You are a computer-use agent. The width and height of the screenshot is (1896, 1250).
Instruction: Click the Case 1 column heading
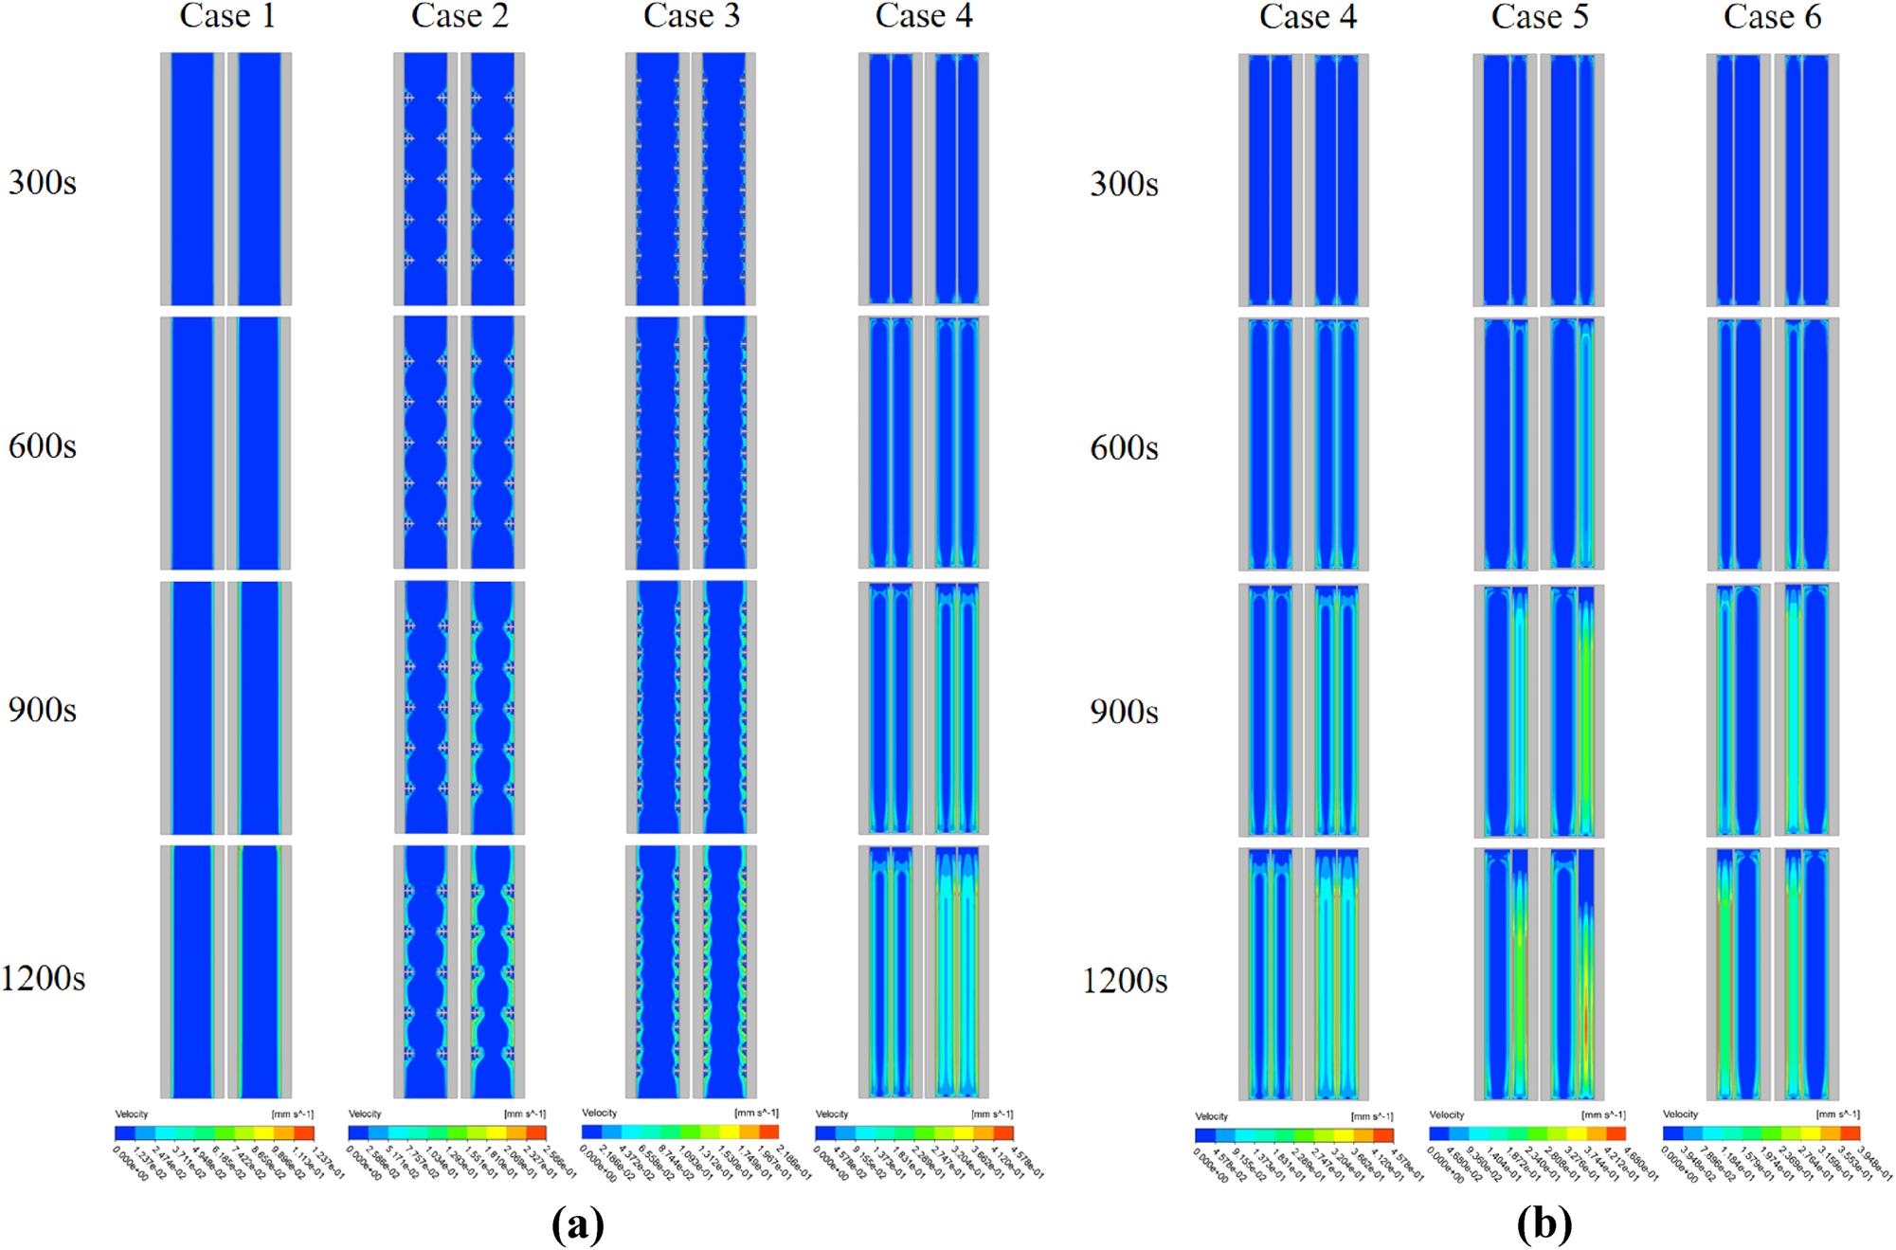pyautogui.click(x=227, y=16)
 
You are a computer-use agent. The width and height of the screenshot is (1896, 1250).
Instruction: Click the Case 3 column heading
pyautogui.click(x=691, y=16)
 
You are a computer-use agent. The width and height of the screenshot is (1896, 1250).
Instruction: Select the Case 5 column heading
pyautogui.click(x=1539, y=17)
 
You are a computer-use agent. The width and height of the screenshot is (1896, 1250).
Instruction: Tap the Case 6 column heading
pyautogui.click(x=1771, y=17)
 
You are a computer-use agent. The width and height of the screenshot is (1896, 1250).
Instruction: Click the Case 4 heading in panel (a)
pyautogui.click(x=923, y=16)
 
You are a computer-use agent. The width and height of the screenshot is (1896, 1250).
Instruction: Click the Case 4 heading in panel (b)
pyautogui.click(x=1307, y=17)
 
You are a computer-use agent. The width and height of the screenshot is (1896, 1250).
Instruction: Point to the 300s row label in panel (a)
pyautogui.click(x=42, y=182)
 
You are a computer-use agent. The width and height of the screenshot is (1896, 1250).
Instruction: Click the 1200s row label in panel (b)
pyautogui.click(x=1125, y=981)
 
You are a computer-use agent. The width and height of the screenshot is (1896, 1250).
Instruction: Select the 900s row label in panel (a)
pyautogui.click(x=42, y=710)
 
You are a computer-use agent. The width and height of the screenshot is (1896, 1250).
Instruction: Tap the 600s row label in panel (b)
pyautogui.click(x=1124, y=447)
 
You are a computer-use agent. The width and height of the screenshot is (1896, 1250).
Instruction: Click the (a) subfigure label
pyautogui.click(x=577, y=1224)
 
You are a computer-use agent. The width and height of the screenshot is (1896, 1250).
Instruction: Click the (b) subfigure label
pyautogui.click(x=1544, y=1224)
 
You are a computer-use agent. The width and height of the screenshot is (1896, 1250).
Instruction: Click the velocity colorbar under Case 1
pyautogui.click(x=214, y=1132)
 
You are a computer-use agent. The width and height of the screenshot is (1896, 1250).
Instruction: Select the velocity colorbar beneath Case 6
pyautogui.click(x=1761, y=1133)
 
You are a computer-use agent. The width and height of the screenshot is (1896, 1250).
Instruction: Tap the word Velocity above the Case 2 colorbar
pyautogui.click(x=365, y=1114)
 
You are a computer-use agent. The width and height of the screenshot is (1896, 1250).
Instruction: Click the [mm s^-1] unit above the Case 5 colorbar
pyautogui.click(x=1603, y=1115)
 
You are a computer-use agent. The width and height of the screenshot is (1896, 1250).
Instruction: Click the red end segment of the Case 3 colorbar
pyautogui.click(x=768, y=1132)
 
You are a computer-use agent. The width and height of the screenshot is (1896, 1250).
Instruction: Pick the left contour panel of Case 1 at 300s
pyautogui.click(x=192, y=179)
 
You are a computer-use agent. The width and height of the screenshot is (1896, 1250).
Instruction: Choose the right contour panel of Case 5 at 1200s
pyautogui.click(x=1572, y=974)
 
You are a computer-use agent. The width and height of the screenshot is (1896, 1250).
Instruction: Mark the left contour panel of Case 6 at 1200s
pyautogui.click(x=1739, y=974)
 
